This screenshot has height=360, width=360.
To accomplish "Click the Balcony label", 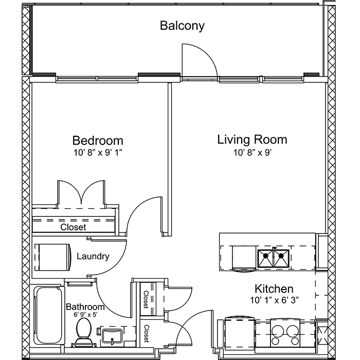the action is point(182,26).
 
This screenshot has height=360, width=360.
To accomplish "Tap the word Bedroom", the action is point(98,140).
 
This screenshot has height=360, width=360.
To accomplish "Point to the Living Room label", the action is point(253,139).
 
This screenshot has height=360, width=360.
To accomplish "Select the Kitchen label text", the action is point(274,289).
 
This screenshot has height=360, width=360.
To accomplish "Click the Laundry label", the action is point(93,256).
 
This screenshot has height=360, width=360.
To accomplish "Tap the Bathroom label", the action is point(85,307).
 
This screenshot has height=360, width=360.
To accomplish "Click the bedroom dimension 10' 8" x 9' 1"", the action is point(97,152).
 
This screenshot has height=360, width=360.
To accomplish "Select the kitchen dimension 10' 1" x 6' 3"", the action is point(274,300).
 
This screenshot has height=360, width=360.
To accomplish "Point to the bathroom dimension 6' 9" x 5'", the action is point(86,315).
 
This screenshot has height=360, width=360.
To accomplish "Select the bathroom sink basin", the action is point(112,335).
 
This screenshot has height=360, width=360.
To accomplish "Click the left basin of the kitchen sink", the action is point(266,259).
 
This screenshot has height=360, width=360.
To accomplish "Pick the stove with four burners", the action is point(285,333).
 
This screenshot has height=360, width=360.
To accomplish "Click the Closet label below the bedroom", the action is point(73,227).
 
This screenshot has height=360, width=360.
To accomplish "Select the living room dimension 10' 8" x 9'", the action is point(253,152).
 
